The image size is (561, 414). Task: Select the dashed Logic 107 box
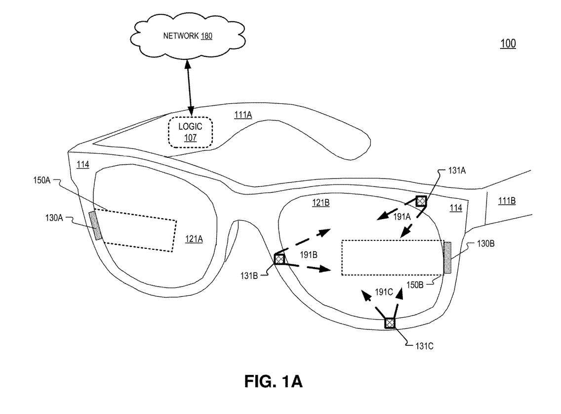pyautogui.click(x=190, y=132)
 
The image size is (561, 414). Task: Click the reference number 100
pyautogui.click(x=508, y=44)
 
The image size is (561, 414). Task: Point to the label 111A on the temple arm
pyautogui.click(x=242, y=115)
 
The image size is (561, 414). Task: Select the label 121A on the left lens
pyautogui.click(x=194, y=239)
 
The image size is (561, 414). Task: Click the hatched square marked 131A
pyautogui.click(x=421, y=201)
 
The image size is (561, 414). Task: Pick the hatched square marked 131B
pyautogui.click(x=280, y=259)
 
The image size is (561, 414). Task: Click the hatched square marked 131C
pyautogui.click(x=390, y=323)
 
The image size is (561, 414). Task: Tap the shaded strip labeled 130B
pyautogui.click(x=448, y=258)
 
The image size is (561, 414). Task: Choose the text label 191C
pyautogui.click(x=383, y=292)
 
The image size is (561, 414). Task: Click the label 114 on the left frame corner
pyautogui.click(x=83, y=165)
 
